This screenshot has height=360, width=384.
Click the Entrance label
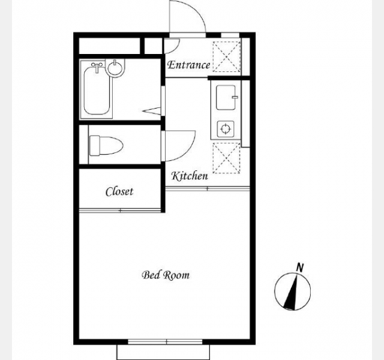click(188, 65)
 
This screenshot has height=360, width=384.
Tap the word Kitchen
click(190, 176)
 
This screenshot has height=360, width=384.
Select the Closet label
click(119, 191)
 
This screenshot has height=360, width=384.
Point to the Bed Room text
click(166, 275)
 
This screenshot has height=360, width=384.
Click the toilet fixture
click(106, 146)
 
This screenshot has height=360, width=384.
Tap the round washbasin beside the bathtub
click(115, 68)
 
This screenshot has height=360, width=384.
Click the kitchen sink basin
click(226, 97)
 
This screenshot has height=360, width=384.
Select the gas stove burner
click(226, 129)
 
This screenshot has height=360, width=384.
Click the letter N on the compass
click(300, 267)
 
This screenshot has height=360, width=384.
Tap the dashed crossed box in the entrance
click(227, 57)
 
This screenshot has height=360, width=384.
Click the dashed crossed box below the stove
click(227, 158)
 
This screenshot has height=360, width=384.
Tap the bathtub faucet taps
click(97, 65)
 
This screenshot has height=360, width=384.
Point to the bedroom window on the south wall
click(166, 342)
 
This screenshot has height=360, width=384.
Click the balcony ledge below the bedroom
click(163, 352)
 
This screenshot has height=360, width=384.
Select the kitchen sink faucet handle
click(235, 97)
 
